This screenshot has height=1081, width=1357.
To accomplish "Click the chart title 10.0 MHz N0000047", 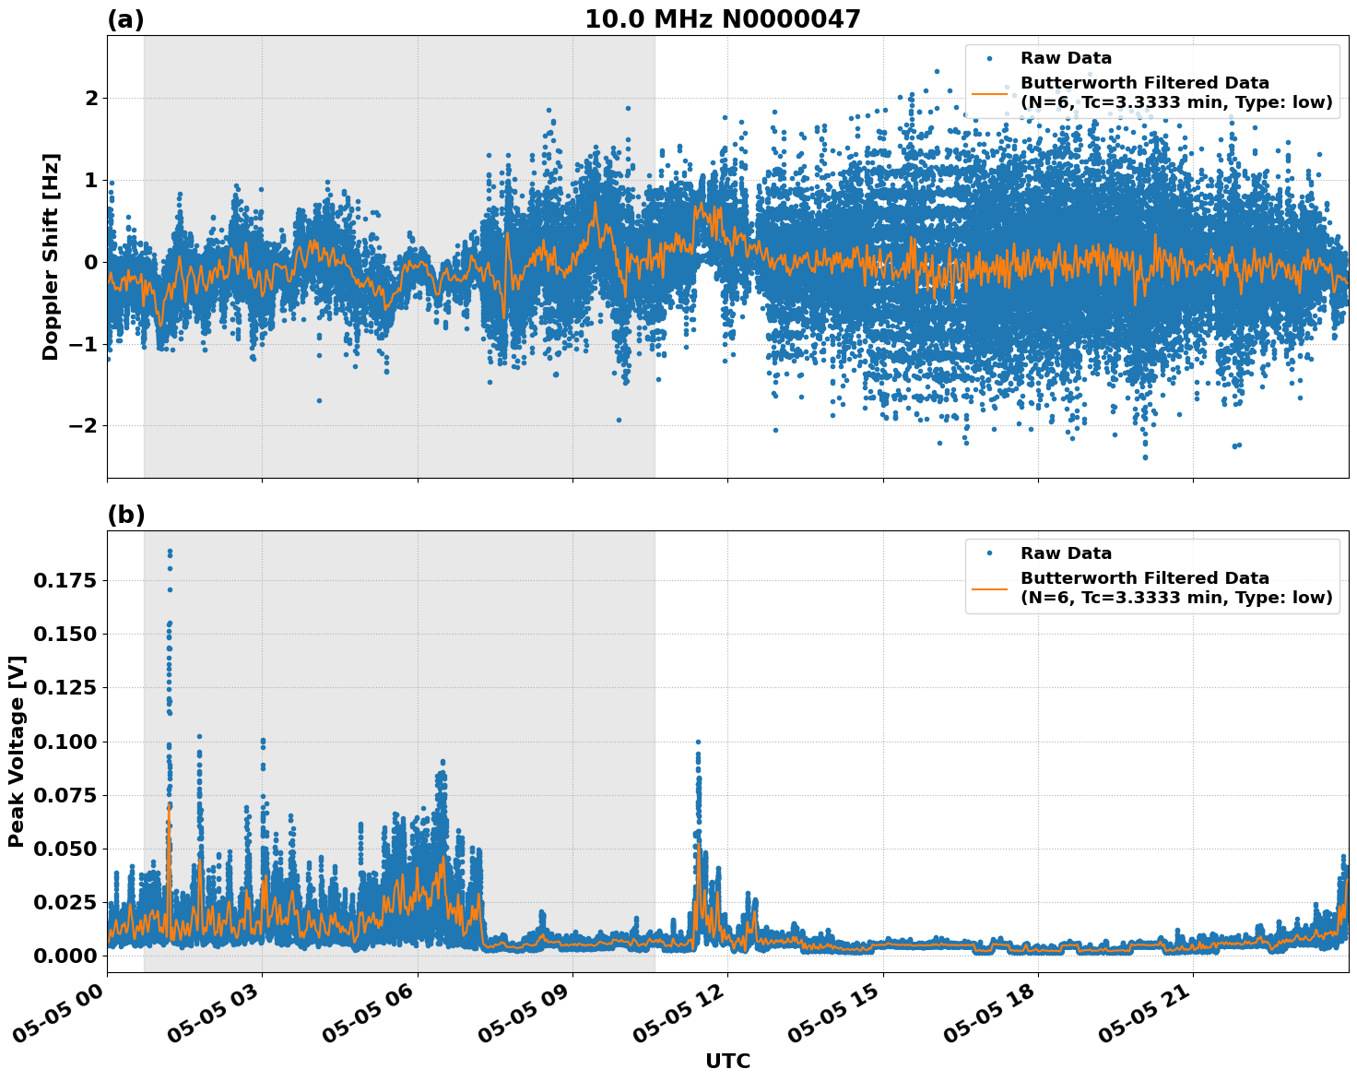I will pyautogui.click(x=722, y=19).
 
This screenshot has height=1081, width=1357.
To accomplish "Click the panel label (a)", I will pyautogui.click(x=125, y=19).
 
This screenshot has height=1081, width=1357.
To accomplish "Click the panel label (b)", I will pyautogui.click(x=126, y=515).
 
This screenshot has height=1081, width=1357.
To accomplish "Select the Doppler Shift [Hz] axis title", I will pyautogui.click(x=51, y=256).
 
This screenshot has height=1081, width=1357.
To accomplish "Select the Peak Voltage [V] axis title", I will pyautogui.click(x=17, y=751).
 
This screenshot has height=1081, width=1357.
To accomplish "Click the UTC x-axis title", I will pyautogui.click(x=727, y=1061).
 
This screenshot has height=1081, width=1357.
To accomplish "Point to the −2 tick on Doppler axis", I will pyautogui.click(x=81, y=425).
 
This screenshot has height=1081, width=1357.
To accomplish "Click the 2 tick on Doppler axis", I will pyautogui.click(x=91, y=98).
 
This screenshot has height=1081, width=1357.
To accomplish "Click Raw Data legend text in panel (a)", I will pyautogui.click(x=1066, y=58).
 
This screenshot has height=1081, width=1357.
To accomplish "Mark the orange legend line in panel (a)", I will pyautogui.click(x=989, y=92).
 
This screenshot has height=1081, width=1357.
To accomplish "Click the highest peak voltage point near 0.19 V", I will pyautogui.click(x=170, y=552).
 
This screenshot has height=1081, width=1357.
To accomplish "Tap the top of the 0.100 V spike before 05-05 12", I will pyautogui.click(x=698, y=742).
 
